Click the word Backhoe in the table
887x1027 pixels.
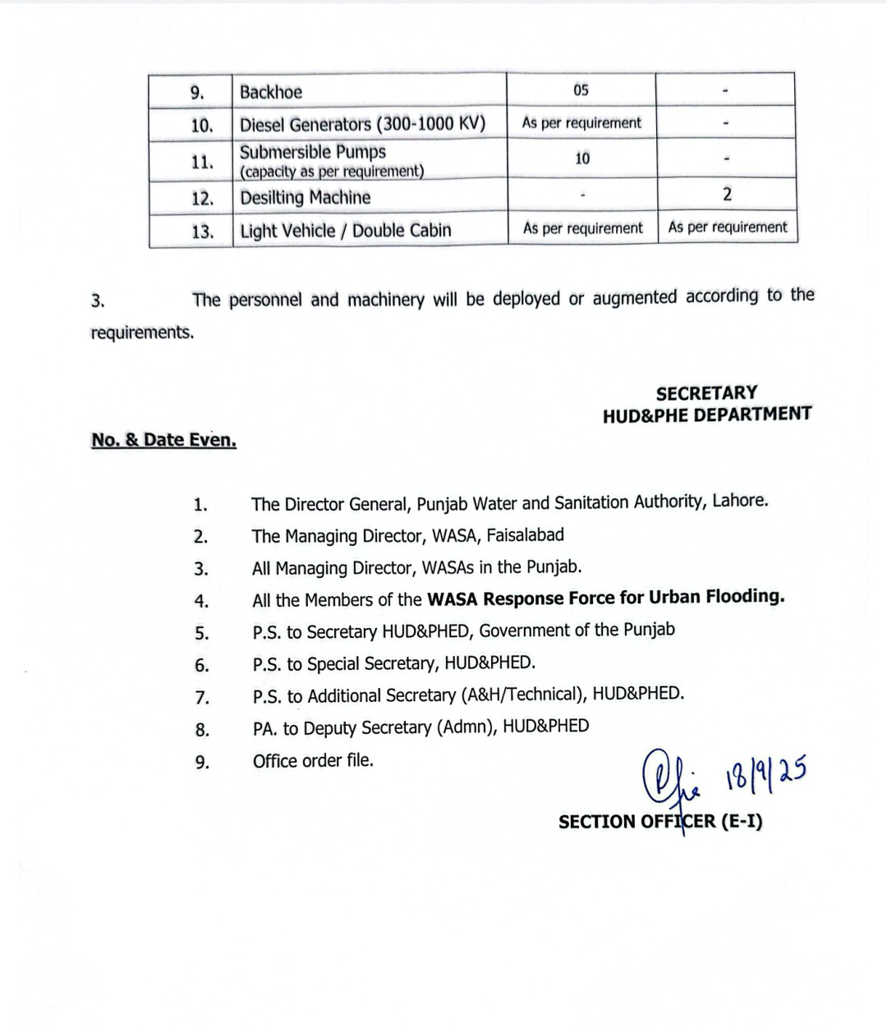pos(271,92)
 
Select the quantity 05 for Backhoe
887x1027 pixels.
pos(581,90)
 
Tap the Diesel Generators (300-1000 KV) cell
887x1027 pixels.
pos(362,125)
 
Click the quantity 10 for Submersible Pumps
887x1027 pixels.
pos(581,158)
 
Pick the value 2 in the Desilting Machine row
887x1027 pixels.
pos(727,194)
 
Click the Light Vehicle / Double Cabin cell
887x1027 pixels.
pos(346,231)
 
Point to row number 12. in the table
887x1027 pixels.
pos(202,198)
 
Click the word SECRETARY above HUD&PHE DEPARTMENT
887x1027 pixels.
pos(706,393)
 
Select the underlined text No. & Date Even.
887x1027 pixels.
pos(164,440)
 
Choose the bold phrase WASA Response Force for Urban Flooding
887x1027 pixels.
pos(605,597)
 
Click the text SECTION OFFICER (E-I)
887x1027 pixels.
pos(660,821)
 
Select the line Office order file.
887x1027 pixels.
pos(313,760)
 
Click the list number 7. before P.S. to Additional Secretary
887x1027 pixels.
pos(201,698)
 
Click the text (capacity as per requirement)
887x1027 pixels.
pos(332,171)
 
